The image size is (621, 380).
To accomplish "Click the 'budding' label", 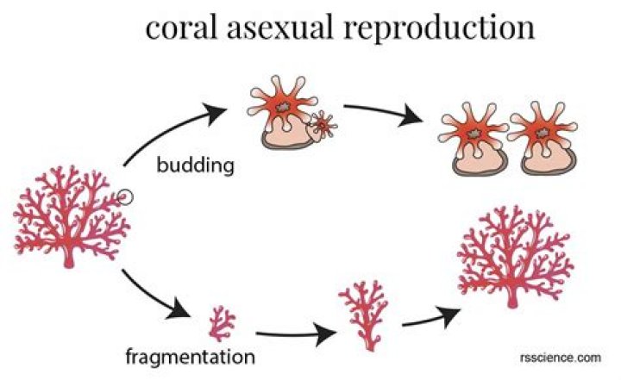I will [196, 165].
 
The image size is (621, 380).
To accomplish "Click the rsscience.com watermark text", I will [560, 355].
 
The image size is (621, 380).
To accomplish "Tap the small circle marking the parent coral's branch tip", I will [125, 197].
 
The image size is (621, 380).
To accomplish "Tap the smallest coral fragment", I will [223, 322].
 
